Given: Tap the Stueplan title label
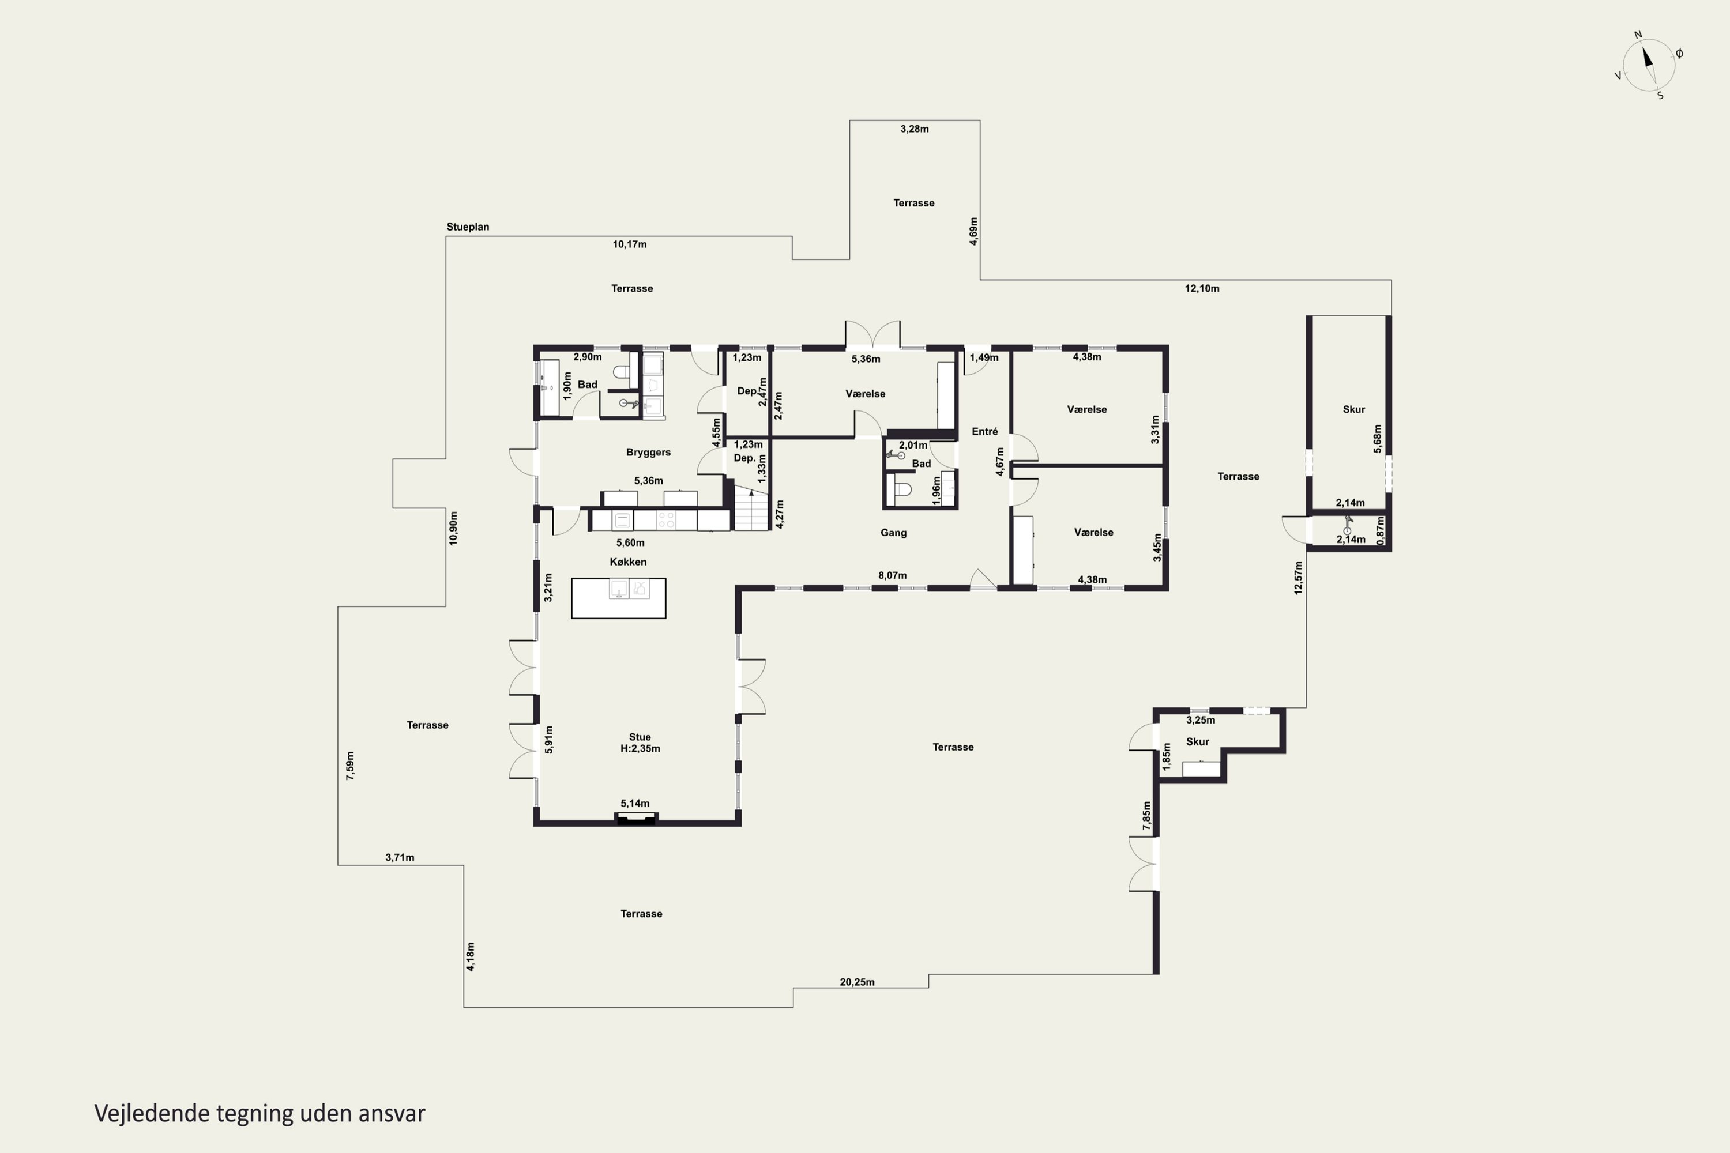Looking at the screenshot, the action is (x=468, y=227).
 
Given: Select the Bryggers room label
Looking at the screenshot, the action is (x=648, y=452).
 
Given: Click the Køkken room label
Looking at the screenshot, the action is (x=628, y=562).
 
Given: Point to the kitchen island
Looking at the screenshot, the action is (x=619, y=598).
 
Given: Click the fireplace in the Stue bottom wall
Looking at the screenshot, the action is (x=636, y=819).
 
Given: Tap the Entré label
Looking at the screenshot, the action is (x=985, y=432).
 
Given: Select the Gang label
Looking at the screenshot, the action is (x=894, y=532).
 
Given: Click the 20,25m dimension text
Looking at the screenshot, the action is (x=857, y=982).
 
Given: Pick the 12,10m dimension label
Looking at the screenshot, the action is (x=1202, y=288).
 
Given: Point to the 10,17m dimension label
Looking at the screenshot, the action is (x=630, y=244).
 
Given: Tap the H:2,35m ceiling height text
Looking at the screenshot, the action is (x=640, y=748).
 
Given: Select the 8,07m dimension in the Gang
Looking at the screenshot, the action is (x=892, y=575).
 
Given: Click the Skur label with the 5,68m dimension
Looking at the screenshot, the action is (x=1353, y=409).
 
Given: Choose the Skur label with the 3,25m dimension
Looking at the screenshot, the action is (x=1198, y=741).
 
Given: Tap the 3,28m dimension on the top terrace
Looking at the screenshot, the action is (x=914, y=129).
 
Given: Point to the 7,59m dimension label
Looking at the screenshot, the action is (x=350, y=766).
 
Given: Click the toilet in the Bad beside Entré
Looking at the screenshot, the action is (x=900, y=489).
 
